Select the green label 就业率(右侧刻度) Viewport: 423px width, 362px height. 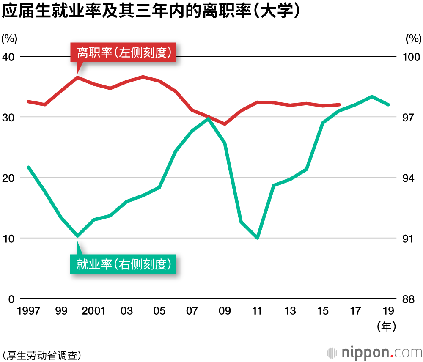click(124, 265)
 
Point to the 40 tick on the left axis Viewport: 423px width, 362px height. click(8, 57)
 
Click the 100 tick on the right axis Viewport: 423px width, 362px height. click(411, 57)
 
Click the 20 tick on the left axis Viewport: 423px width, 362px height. click(8, 178)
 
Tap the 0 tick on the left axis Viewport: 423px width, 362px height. click(11, 299)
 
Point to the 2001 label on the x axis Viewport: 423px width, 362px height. click(93, 311)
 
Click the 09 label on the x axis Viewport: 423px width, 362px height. click(225, 311)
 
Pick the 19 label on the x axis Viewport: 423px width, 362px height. click(388, 311)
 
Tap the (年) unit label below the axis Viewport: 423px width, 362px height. click(386, 326)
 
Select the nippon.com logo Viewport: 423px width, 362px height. click(374, 352)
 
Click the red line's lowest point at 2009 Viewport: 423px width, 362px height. click(225, 124)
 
